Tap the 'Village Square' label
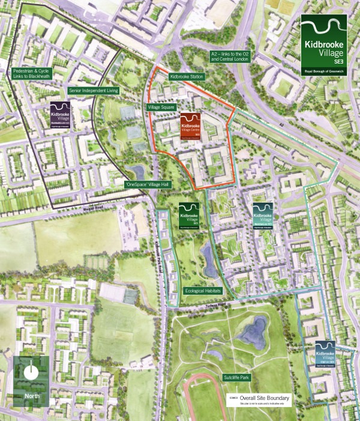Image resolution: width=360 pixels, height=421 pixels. (x=161, y=107)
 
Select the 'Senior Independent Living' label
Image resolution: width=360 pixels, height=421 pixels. (x=94, y=90)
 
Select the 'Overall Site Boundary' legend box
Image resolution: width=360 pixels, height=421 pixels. (x=260, y=399)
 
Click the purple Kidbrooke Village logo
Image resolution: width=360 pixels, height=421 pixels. (x=61, y=114)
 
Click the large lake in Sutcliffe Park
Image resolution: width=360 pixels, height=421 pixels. (x=252, y=331)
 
